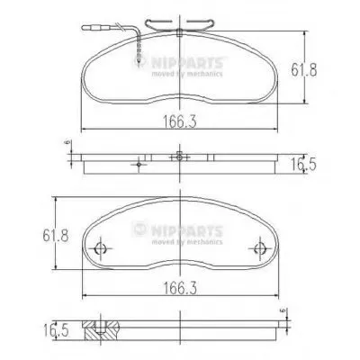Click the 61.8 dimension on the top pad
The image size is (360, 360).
(x=303, y=70)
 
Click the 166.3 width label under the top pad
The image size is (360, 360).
(x=180, y=121)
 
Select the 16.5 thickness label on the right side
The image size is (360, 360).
(x=303, y=164)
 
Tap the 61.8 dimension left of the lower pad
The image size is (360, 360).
(x=56, y=235)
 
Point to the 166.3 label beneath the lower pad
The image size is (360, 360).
(x=180, y=289)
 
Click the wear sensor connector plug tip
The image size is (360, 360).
(x=84, y=28)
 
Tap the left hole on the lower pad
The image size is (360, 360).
(x=100, y=248)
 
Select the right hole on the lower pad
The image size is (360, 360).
(x=259, y=248)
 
